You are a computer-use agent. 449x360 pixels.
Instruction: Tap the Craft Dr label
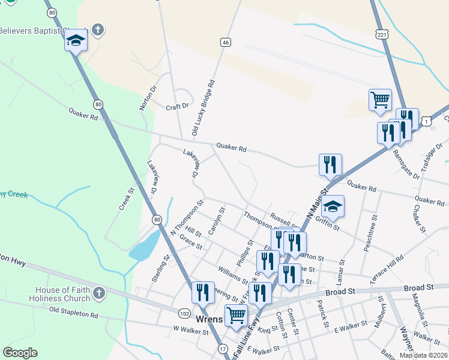pyautogui.click(x=177, y=107)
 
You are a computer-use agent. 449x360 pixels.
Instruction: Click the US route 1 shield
pyautogui.click(x=425, y=121)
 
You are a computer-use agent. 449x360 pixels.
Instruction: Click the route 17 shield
pyautogui.click(x=223, y=349)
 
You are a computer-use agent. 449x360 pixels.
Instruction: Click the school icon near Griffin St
pyautogui.click(x=333, y=207)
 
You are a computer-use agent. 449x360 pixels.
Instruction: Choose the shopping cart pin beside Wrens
pyautogui.click(x=236, y=314)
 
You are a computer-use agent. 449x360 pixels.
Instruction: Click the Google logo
pyautogui.click(x=20, y=353)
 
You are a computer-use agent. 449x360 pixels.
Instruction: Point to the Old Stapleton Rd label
pyautogui.click(x=73, y=312)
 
